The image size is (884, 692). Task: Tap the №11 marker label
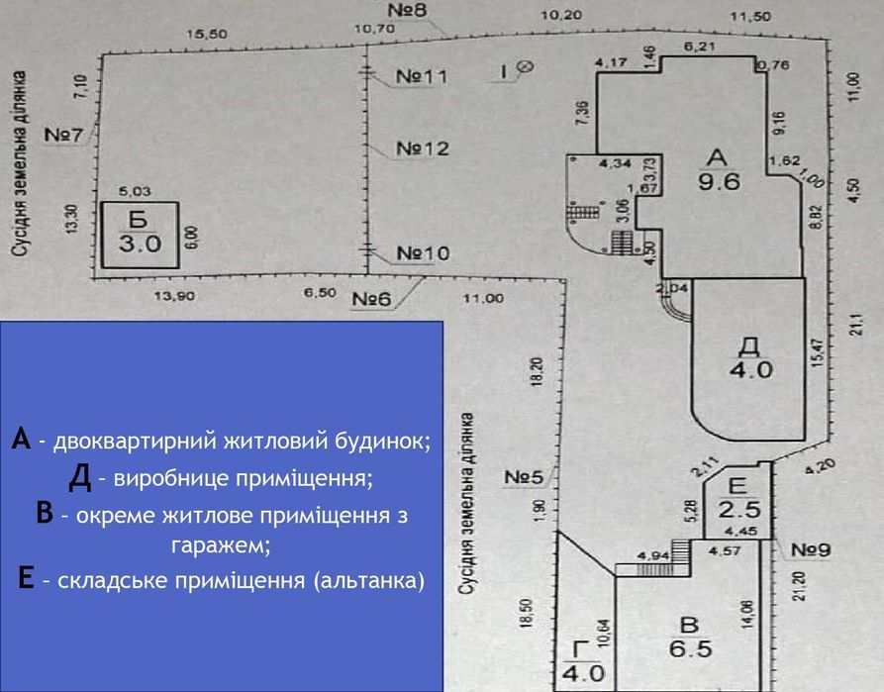(422, 75)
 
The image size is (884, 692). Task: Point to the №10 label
(422, 253)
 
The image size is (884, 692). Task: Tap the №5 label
(524, 477)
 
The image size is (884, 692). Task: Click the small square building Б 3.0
(140, 234)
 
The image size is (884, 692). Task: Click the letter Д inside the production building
(749, 345)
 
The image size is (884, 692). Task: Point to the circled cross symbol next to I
(526, 67)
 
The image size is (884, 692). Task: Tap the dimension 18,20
(536, 370)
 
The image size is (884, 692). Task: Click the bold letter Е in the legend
(27, 578)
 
